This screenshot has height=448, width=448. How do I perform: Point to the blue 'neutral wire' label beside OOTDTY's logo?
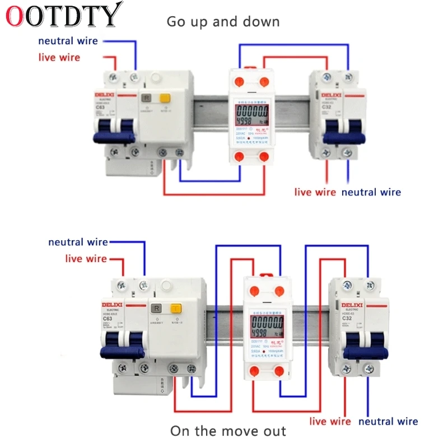point(68,41)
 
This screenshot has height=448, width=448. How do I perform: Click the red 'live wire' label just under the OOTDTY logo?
point(59,57)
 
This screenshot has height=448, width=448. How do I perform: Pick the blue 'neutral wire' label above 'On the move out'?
point(388,422)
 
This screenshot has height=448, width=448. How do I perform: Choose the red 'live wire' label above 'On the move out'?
point(330,422)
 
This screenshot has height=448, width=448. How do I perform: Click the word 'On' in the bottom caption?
point(180,431)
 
